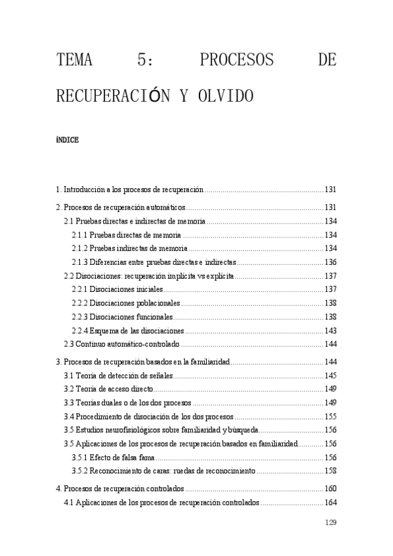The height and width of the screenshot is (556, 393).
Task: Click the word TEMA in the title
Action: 74,61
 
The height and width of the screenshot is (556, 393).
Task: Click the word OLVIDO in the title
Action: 220,96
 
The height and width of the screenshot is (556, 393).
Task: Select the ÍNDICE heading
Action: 68,140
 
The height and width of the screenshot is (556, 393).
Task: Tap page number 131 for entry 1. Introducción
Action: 330,190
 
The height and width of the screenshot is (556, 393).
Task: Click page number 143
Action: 330,330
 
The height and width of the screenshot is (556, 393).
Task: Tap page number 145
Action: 330,376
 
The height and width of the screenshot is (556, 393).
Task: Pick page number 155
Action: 330,416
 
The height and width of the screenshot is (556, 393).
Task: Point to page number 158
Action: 330,471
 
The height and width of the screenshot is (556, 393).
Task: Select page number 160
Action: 330,489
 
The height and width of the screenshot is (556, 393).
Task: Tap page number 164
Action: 330,503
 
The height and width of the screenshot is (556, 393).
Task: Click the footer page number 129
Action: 330,523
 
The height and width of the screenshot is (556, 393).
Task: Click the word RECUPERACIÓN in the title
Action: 112,96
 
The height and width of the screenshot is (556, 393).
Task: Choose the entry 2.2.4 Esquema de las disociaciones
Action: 128,330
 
